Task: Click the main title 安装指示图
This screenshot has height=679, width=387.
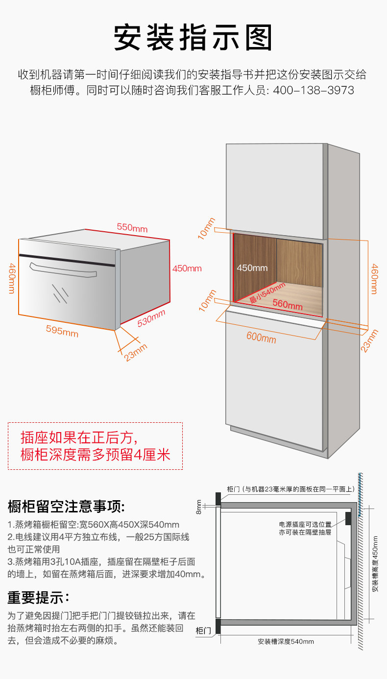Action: [193, 38]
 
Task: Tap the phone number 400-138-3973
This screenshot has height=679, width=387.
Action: [314, 90]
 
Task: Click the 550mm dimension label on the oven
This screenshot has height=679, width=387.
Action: [132, 227]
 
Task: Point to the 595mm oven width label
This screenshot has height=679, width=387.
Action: [62, 331]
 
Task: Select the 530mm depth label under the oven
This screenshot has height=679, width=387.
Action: [151, 318]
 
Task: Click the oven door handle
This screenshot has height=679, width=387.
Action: [63, 270]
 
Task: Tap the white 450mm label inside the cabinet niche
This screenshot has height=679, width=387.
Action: [252, 268]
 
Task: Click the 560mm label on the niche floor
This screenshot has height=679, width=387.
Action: [287, 304]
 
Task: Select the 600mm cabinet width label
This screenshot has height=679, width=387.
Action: [261, 337]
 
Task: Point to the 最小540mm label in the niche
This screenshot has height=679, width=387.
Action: [267, 292]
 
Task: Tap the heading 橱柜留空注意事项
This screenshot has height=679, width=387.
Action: [66, 507]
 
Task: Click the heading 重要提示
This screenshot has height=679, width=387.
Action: [38, 598]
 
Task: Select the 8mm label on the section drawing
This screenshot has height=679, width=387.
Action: [198, 507]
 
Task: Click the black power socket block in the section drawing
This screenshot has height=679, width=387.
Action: [348, 518]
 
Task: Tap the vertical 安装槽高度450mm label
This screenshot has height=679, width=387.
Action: [375, 564]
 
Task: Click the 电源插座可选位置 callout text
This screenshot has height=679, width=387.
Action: [305, 524]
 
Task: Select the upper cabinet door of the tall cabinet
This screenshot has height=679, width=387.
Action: [274, 191]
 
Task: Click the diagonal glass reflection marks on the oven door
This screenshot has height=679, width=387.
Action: [60, 293]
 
